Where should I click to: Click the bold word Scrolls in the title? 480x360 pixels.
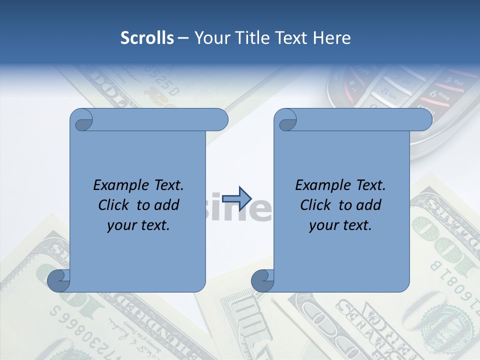(x=147, y=38)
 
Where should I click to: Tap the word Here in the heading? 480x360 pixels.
(x=332, y=38)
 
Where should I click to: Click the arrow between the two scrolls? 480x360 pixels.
(x=236, y=198)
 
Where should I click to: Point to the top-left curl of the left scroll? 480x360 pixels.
(x=81, y=120)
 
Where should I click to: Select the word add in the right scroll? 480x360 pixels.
(x=369, y=205)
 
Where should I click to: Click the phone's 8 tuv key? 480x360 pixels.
(x=387, y=92)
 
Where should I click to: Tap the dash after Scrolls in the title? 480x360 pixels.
(x=183, y=38)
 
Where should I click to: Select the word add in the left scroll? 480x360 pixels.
(x=167, y=205)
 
